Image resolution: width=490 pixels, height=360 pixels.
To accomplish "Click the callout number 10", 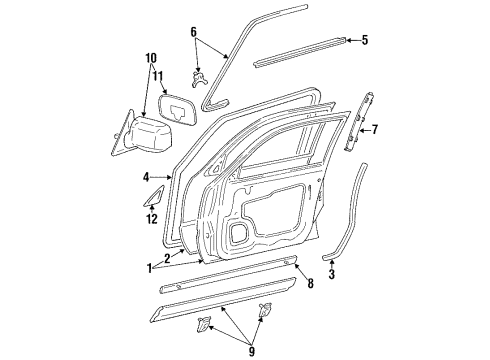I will (151, 58).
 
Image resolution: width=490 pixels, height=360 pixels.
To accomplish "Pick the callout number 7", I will (375, 128).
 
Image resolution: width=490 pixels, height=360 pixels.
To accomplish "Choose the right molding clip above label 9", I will (266, 310).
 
